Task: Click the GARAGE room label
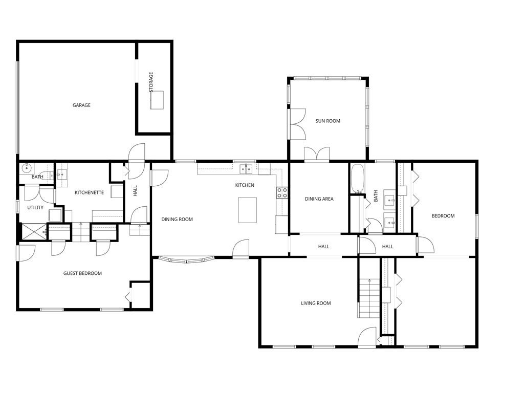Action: click(81, 105)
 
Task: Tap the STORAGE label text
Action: click(151, 82)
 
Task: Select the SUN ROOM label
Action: click(327, 121)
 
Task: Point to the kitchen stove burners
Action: click(282, 192)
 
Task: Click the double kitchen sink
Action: click(246, 169)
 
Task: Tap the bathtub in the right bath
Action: click(357, 179)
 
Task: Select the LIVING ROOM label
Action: click(316, 303)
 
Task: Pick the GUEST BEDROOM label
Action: click(82, 273)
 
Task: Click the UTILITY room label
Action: click(35, 208)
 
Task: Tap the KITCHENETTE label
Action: click(90, 193)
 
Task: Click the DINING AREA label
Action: click(319, 199)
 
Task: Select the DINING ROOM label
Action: click(177, 220)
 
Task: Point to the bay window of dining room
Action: click(186, 260)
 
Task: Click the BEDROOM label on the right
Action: click(443, 216)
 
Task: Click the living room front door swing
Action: click(367, 338)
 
